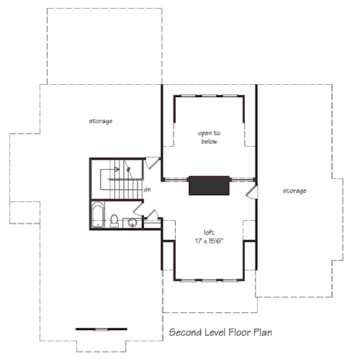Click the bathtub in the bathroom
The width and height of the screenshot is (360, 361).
99,215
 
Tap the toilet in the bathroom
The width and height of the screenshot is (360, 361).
115,220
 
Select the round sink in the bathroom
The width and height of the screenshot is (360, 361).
132,222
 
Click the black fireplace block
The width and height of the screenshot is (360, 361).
209,186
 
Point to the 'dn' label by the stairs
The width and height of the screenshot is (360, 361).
147,190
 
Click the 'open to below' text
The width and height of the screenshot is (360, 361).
209,137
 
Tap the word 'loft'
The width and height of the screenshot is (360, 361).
209,232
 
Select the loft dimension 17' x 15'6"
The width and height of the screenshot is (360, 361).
209,242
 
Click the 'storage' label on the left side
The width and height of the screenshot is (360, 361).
100,121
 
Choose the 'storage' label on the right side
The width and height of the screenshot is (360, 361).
294,191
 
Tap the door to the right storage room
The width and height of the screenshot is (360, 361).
251,191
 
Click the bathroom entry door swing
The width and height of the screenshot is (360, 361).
150,216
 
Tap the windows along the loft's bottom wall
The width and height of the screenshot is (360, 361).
209,278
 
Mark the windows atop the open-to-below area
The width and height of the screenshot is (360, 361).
209,96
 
